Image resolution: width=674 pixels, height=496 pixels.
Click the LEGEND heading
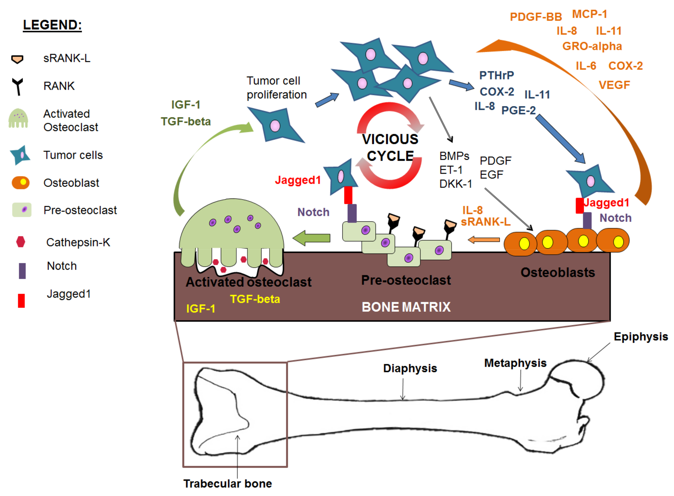click(53, 25)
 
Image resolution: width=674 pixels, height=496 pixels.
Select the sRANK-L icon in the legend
click(17, 59)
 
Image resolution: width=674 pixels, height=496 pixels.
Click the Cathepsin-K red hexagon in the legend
click(20, 242)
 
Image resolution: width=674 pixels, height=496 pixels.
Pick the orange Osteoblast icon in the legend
click(20, 183)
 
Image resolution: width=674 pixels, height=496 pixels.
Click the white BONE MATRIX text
click(406, 307)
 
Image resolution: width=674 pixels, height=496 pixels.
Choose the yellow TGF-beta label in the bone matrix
click(255, 299)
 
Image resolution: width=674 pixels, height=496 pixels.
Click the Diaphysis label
click(410, 368)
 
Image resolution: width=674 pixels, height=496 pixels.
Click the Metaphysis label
click(515, 363)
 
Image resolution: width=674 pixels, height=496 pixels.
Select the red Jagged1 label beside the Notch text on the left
click(298, 180)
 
